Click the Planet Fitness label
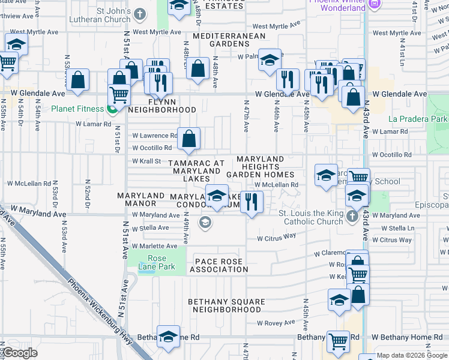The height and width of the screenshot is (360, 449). tap(76, 109)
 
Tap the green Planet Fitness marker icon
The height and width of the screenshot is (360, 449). tap(112, 109)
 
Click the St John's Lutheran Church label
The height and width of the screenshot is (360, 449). tap(105, 16)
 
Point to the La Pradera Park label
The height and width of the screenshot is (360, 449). tap(418, 119)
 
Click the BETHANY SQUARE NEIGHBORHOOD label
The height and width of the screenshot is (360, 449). tap(225, 305)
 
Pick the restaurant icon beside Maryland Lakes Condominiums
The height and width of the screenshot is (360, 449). tap(252, 202)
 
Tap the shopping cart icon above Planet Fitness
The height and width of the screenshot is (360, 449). tap(119, 94)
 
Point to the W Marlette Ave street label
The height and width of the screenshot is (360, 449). tap(155, 246)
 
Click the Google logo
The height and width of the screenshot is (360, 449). tap(20, 353)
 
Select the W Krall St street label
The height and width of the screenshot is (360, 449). tap(146, 161)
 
